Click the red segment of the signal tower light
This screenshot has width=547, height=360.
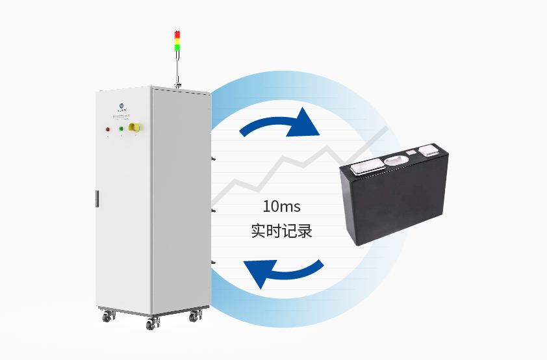tap(177, 34)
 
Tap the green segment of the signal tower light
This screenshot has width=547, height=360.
tap(177, 47)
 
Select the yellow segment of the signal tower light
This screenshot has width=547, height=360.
tap(177, 40)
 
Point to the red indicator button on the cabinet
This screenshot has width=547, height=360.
tap(108, 129)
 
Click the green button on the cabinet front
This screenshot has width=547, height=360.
tap(121, 129)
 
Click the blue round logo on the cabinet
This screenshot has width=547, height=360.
tap(122, 105)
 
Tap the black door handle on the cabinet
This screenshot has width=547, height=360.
tap(96, 198)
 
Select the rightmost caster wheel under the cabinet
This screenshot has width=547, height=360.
tap(195, 318)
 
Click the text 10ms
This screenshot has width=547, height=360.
tap(281, 207)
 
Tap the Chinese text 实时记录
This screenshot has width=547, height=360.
tap(281, 231)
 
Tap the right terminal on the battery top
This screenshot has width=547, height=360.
tap(431, 151)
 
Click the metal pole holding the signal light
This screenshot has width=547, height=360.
tap(177, 68)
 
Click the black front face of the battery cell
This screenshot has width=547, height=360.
tap(390, 208)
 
